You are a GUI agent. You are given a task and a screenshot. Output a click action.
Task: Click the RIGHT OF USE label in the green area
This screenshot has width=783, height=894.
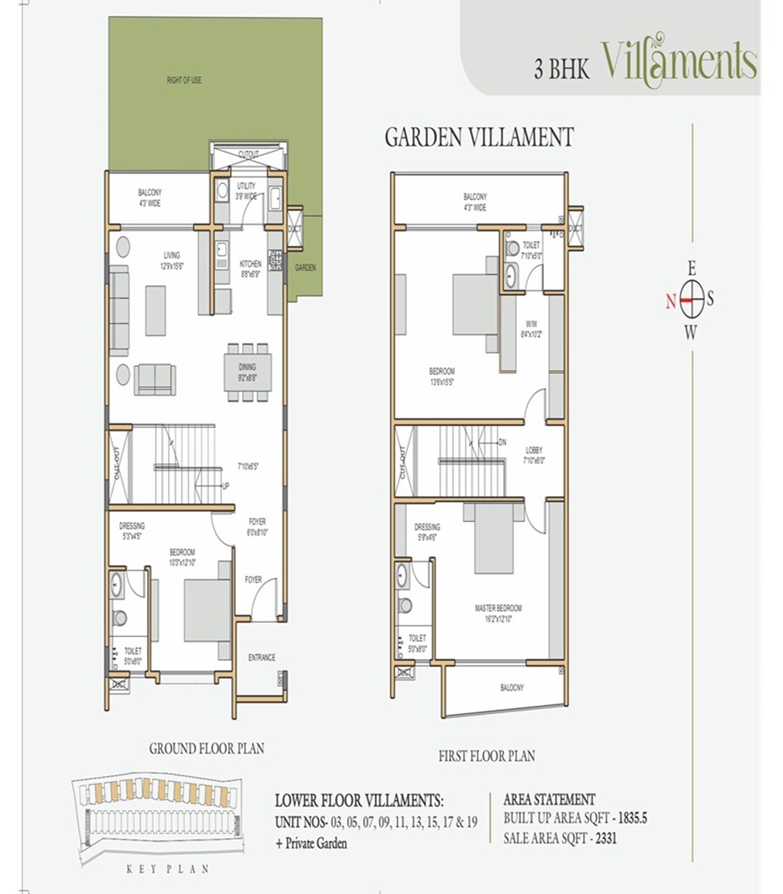183,80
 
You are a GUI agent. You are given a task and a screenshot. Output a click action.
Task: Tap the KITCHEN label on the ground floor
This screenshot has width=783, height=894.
250,264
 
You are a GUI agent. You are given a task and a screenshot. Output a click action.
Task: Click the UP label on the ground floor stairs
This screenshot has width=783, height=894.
225,486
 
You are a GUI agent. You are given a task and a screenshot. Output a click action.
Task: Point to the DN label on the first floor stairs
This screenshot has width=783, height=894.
502,442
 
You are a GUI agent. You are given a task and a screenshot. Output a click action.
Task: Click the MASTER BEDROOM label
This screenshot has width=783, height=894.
498,608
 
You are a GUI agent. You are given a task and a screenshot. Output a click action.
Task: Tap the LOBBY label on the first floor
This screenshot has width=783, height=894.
534,450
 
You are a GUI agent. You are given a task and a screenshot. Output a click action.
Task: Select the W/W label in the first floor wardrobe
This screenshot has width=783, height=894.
531,324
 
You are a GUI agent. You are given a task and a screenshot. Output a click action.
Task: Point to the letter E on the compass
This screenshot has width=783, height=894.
692,269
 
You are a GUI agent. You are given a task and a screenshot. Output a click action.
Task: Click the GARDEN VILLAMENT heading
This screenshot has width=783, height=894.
479,137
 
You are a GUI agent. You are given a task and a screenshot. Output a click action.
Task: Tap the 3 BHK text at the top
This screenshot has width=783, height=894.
562,70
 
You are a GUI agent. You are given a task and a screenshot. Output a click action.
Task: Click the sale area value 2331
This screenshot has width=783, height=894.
606,838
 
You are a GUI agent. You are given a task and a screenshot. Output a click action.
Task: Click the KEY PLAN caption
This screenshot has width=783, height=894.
168,869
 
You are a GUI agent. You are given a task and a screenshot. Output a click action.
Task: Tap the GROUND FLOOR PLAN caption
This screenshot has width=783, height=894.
206,748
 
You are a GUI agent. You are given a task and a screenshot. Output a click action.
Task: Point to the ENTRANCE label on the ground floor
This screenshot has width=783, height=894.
261,658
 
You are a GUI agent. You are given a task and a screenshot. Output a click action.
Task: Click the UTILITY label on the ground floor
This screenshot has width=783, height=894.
246,186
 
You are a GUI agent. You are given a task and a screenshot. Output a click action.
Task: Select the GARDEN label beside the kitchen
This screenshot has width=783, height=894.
305,268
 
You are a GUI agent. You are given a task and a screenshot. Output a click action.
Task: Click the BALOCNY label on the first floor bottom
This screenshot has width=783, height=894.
512,687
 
